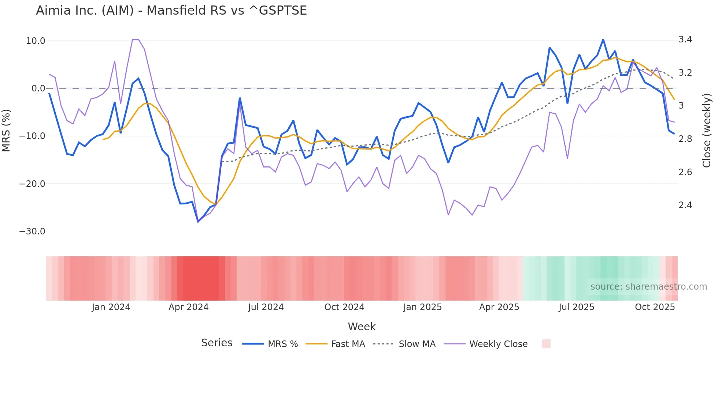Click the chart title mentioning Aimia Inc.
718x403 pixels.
coord(171,11)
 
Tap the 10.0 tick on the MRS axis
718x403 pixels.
coord(36,41)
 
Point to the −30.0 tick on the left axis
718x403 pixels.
coord(32,231)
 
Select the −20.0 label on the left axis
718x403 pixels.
coord(32,184)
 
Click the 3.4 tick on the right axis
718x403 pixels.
coord(685,39)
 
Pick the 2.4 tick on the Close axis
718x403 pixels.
coord(685,205)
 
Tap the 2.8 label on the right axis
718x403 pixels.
coord(685,139)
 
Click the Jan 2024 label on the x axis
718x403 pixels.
coord(111,307)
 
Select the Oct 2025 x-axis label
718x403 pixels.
coord(655,307)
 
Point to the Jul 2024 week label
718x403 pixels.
coord(266,307)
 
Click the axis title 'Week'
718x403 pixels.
coord(362,327)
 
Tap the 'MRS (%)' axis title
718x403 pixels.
coord(6,131)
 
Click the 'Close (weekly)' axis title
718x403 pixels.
coord(707,131)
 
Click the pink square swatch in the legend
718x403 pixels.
coord(546,344)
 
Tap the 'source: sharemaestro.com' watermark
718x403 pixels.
coord(648,287)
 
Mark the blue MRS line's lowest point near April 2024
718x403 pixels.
coord(198,222)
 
